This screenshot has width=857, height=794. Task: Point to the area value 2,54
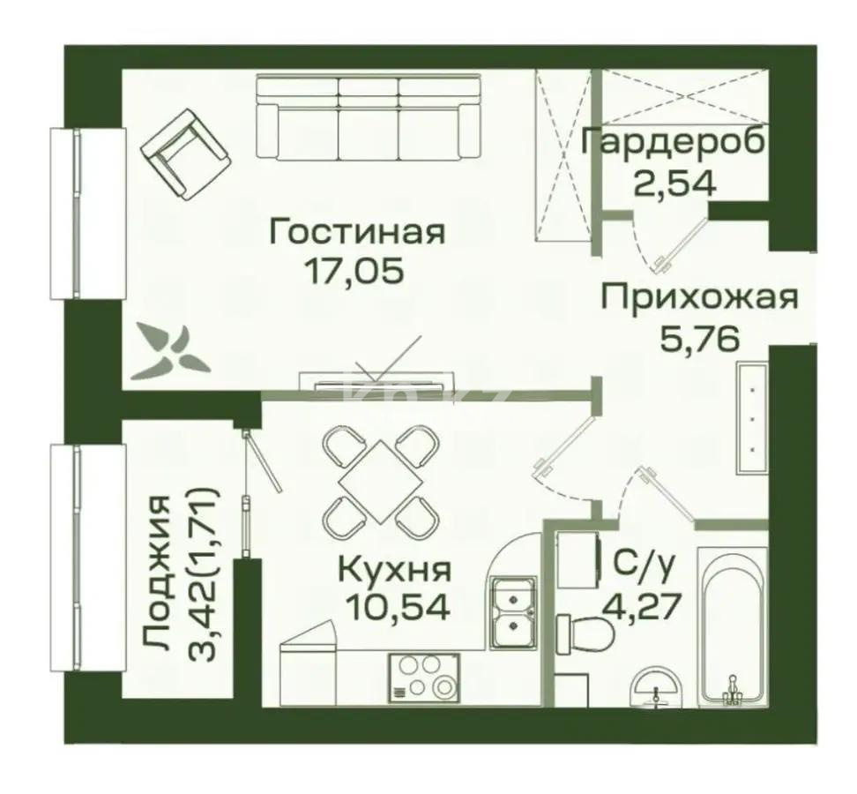(674, 183)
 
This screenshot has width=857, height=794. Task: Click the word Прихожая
(698, 297)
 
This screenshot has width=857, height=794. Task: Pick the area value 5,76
(698, 338)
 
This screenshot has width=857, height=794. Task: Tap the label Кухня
(395, 568)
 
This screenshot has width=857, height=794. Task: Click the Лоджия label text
(157, 573)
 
